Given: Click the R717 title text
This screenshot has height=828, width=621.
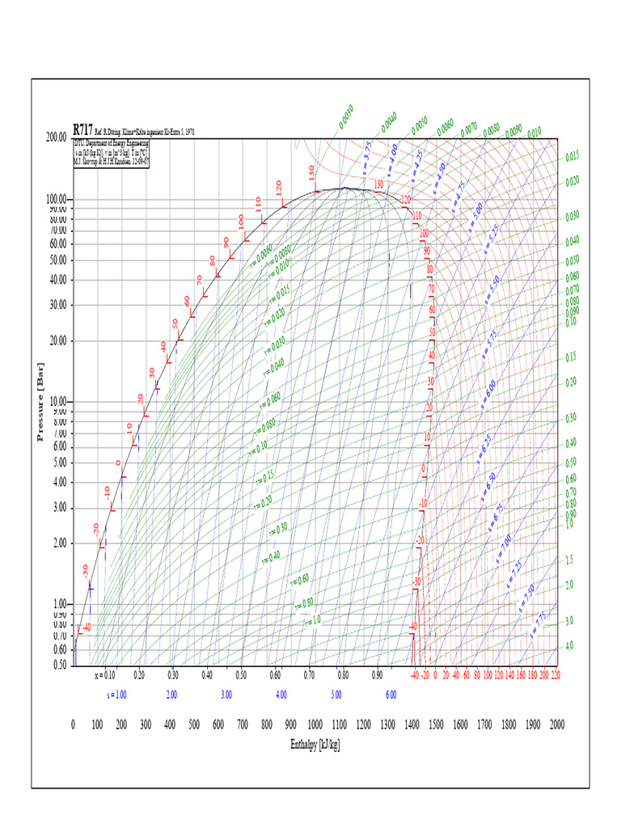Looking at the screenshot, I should coord(82,129).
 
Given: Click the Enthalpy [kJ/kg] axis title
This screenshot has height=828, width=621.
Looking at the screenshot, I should coord(315,744).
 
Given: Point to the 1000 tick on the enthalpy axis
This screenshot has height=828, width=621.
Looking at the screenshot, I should coord(315,724).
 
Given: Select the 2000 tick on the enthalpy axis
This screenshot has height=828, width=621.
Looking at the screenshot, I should coord(557,724).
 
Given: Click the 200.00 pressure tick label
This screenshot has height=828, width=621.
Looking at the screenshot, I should coord(56,137).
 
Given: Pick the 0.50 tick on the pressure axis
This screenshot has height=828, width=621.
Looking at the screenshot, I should coord(59,665).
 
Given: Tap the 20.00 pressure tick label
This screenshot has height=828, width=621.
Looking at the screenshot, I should coord(58,340).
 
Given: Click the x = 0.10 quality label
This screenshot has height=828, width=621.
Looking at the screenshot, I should coord(105,674).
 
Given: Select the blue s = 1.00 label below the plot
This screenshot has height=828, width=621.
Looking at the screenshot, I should coord(117,695).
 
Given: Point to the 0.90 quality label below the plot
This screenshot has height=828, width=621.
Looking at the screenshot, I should coord(378,674).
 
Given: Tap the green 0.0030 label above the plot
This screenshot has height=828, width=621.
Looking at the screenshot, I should coord(346,118).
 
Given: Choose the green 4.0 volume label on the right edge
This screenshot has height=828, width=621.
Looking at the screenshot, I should coord(569,646).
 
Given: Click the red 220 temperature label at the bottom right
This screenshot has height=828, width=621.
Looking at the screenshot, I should coord(555,674).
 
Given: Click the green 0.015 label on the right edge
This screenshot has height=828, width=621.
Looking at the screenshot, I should coord(572,156).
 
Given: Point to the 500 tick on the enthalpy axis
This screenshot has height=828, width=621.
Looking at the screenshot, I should coord(194,724).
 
